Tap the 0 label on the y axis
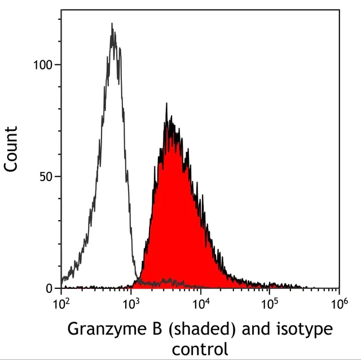pos(49,288)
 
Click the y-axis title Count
pos(11,150)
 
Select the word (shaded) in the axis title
pos(187,329)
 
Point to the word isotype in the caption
pos(302,329)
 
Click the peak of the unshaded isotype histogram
pos(112,24)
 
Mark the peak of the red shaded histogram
pos(166,104)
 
